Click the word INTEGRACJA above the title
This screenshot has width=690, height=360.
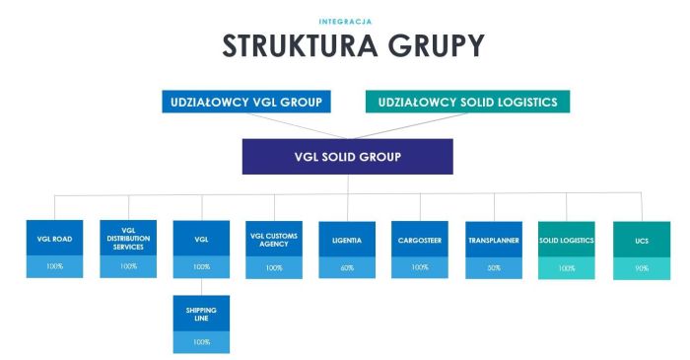point(344,20)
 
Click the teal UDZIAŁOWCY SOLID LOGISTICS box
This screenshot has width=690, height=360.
point(467,102)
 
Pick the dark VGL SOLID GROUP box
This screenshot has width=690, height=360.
point(347,157)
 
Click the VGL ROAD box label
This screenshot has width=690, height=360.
point(54,239)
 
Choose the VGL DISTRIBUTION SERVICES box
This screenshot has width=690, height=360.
point(128,239)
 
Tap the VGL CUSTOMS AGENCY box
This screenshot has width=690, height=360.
point(274,239)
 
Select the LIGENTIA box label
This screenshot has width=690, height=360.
point(347,240)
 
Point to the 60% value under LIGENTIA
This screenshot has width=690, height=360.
point(347,267)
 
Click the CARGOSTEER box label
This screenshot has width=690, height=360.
point(420,240)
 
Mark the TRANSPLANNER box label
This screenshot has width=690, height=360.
point(493,240)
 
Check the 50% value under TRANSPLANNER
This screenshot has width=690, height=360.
point(493,267)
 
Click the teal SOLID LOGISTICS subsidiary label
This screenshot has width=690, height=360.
point(567,240)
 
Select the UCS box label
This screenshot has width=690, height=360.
point(642,240)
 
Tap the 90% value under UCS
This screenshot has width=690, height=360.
point(642,268)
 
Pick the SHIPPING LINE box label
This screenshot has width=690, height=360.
point(201,314)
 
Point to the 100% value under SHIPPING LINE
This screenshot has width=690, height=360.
point(201,341)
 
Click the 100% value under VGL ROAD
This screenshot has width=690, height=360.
point(54,266)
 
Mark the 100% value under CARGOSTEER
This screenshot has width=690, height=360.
point(420,267)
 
